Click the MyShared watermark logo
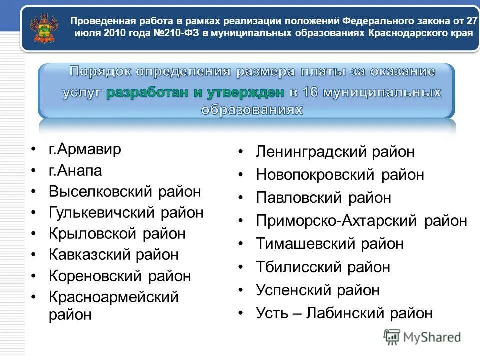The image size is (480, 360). [422, 337]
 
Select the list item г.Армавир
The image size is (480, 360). [85, 149]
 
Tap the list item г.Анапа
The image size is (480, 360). [75, 171]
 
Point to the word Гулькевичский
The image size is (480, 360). [103, 213]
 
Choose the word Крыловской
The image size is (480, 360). [92, 234]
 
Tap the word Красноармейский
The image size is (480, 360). [114, 297]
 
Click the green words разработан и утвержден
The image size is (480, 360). [195, 92]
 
